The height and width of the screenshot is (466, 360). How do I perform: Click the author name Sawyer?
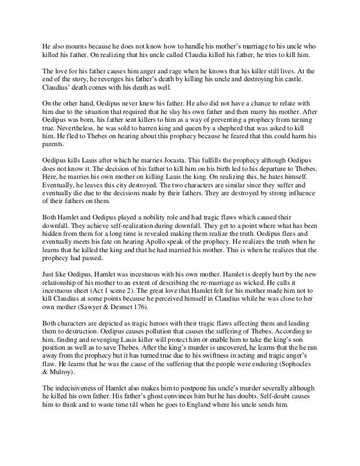(85, 326)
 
